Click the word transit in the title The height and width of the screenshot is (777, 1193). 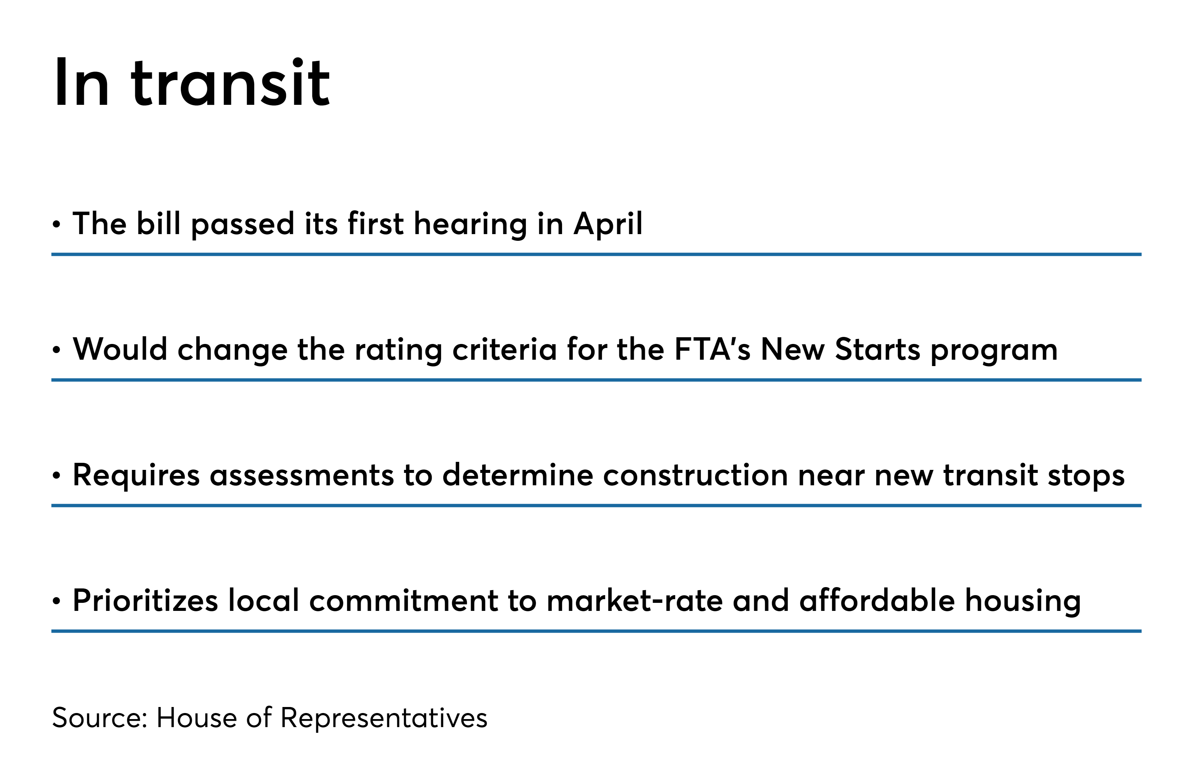pyautogui.click(x=231, y=83)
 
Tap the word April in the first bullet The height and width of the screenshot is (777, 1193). pyautogui.click(x=608, y=224)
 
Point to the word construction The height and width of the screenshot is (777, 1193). pyautogui.click(x=695, y=475)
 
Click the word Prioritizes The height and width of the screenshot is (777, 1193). pyautogui.click(x=145, y=600)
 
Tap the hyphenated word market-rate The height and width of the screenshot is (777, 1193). pyautogui.click(x=635, y=600)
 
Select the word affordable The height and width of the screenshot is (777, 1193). pyautogui.click(x=877, y=600)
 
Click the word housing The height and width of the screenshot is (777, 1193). pyautogui.click(x=1022, y=602)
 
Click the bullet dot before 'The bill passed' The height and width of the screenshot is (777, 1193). pyautogui.click(x=57, y=224)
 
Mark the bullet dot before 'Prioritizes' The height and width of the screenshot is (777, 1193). pyautogui.click(x=57, y=601)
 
